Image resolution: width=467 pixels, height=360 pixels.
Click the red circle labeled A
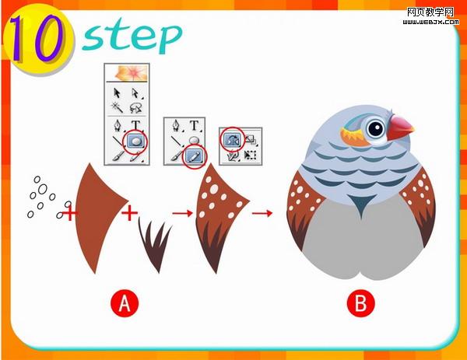pos(125,303)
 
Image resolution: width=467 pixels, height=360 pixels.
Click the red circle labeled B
pos(360,303)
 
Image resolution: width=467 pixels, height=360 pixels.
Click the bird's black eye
pos(376,128)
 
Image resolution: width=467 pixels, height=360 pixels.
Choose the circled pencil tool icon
pos(194,156)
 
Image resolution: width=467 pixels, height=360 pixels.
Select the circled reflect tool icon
pos(232,139)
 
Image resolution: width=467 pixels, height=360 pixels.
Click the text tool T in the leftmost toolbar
pos(135,124)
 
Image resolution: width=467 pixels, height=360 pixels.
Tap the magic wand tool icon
pos(118,107)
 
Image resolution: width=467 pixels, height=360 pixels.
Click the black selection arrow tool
pos(117,93)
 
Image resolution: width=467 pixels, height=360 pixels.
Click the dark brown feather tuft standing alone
pos(156,245)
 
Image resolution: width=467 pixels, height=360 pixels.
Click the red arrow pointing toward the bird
pos(262,213)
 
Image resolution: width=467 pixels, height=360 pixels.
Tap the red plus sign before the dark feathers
pos(129,213)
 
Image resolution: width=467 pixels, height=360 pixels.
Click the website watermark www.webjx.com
pos(430,22)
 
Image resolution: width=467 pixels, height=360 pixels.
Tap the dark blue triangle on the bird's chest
pos(361,204)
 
